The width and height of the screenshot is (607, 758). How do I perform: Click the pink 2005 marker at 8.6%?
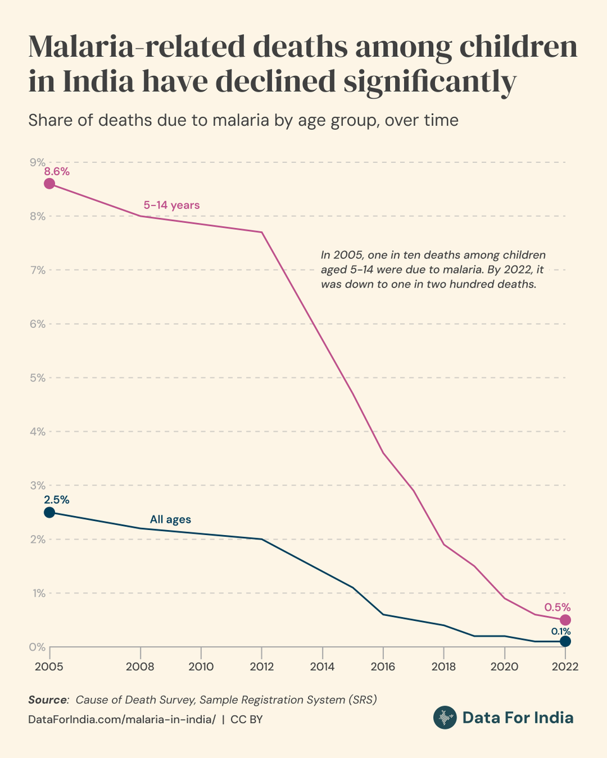click(x=49, y=184)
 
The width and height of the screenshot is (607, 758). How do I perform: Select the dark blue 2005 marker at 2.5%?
click(x=49, y=512)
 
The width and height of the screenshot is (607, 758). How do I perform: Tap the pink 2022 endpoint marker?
click(x=565, y=620)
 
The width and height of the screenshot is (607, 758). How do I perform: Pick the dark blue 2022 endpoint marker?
click(x=565, y=641)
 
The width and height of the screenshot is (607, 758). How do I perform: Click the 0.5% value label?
click(x=558, y=607)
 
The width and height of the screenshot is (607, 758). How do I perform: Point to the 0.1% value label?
click(x=560, y=631)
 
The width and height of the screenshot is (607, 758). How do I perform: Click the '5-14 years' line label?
click(x=171, y=205)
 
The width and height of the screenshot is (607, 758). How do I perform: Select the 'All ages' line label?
click(x=170, y=520)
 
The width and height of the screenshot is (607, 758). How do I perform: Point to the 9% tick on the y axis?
click(x=35, y=162)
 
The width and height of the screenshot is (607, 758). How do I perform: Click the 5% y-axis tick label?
click(x=35, y=378)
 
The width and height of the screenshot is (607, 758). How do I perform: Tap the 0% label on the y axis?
click(x=35, y=647)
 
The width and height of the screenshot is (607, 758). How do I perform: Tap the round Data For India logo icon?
click(x=445, y=718)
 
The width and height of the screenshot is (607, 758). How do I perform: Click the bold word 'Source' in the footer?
click(x=47, y=700)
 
